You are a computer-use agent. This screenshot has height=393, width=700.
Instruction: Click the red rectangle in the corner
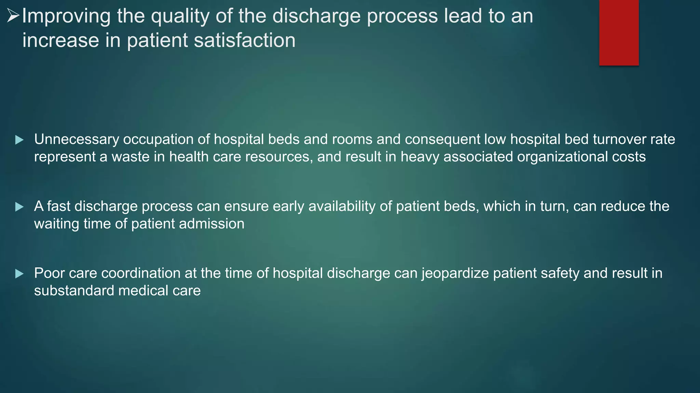click(619, 32)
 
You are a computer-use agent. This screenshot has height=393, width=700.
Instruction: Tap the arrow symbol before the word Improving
click(13, 16)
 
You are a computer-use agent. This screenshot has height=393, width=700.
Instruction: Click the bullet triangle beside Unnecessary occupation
click(19, 140)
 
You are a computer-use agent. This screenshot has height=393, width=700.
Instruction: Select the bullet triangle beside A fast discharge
click(19, 207)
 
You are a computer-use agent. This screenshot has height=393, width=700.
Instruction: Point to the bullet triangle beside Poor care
click(19, 274)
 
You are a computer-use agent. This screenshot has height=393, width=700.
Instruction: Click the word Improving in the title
click(66, 16)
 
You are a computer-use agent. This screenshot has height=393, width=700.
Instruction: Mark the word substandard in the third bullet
click(74, 291)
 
